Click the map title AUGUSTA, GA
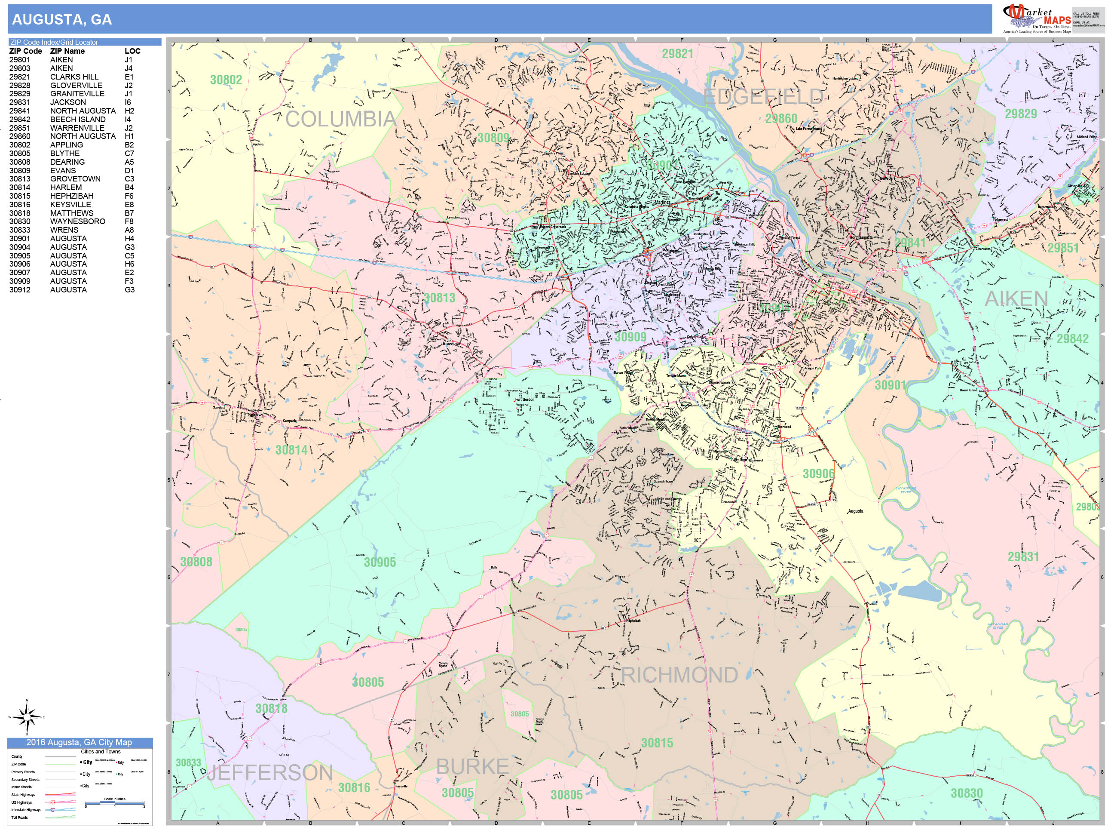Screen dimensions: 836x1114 point(62,20)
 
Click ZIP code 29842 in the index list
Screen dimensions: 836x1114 point(20,120)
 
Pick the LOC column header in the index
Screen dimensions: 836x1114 point(132,51)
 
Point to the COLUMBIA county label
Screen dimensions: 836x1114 point(341,120)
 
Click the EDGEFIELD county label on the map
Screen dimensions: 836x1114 point(762,97)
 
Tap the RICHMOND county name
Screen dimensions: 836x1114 point(679,675)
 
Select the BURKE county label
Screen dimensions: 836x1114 point(472,767)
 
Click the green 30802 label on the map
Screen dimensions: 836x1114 point(226,80)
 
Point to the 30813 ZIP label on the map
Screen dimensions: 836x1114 point(439,298)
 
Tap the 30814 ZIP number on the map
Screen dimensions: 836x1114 point(291,450)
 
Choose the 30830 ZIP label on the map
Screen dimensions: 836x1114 point(967,793)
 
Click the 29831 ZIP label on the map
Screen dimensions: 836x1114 point(1023,557)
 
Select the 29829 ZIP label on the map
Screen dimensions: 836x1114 point(1021,114)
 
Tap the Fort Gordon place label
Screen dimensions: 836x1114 point(525,399)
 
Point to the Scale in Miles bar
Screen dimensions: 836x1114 point(115,803)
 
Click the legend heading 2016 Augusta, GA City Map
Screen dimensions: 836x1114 point(79,742)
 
